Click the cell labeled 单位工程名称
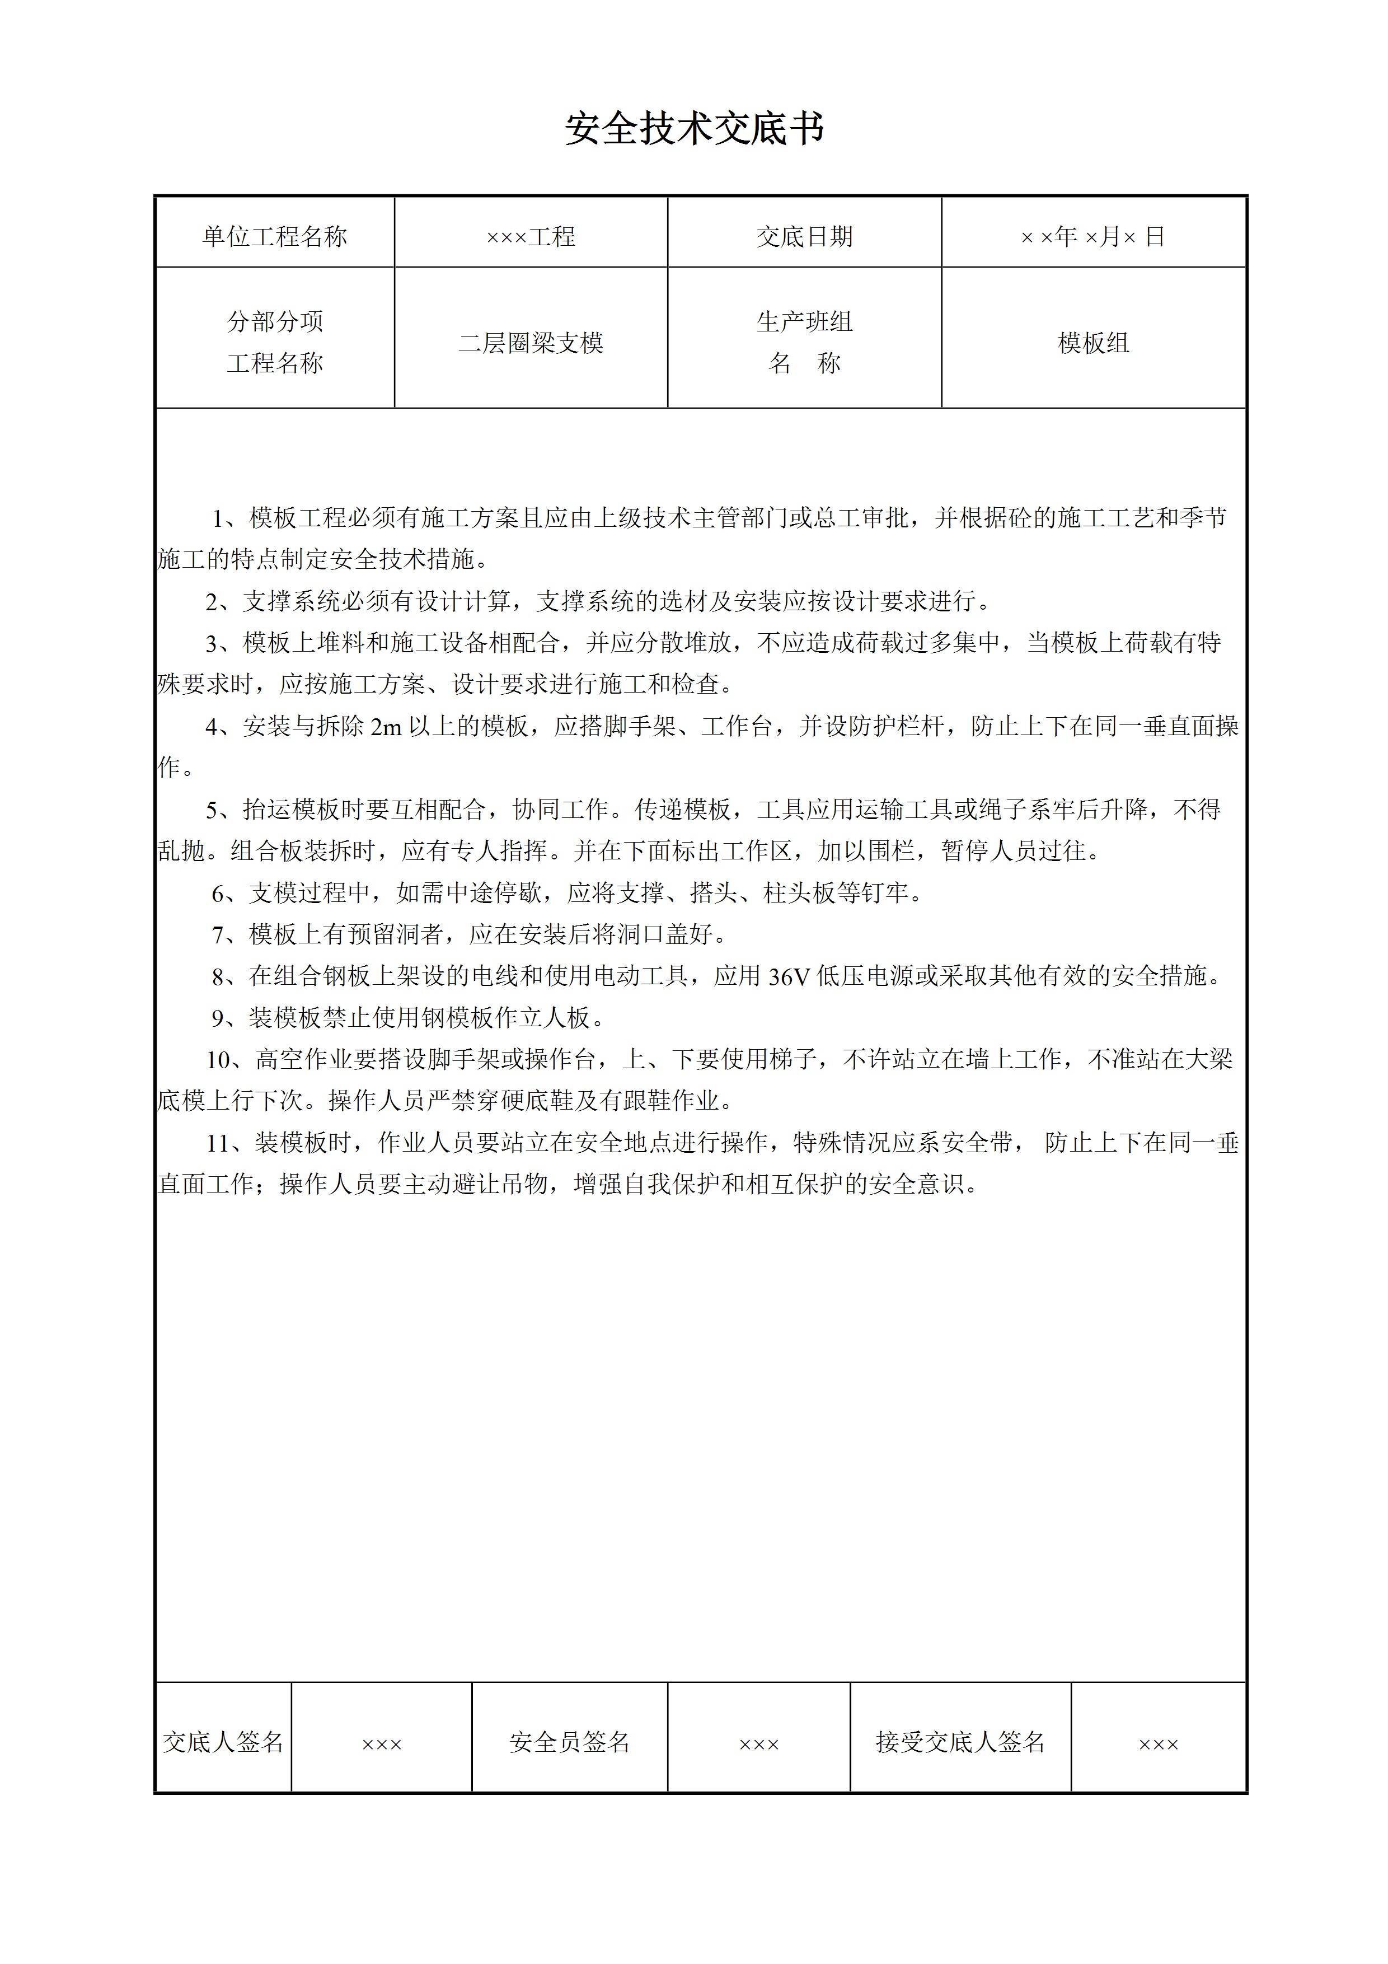274,236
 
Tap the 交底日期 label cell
804,236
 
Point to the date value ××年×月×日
1093,236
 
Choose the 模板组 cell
1093,343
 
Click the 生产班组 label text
804,321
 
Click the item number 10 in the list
218,1060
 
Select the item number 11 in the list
218,1143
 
